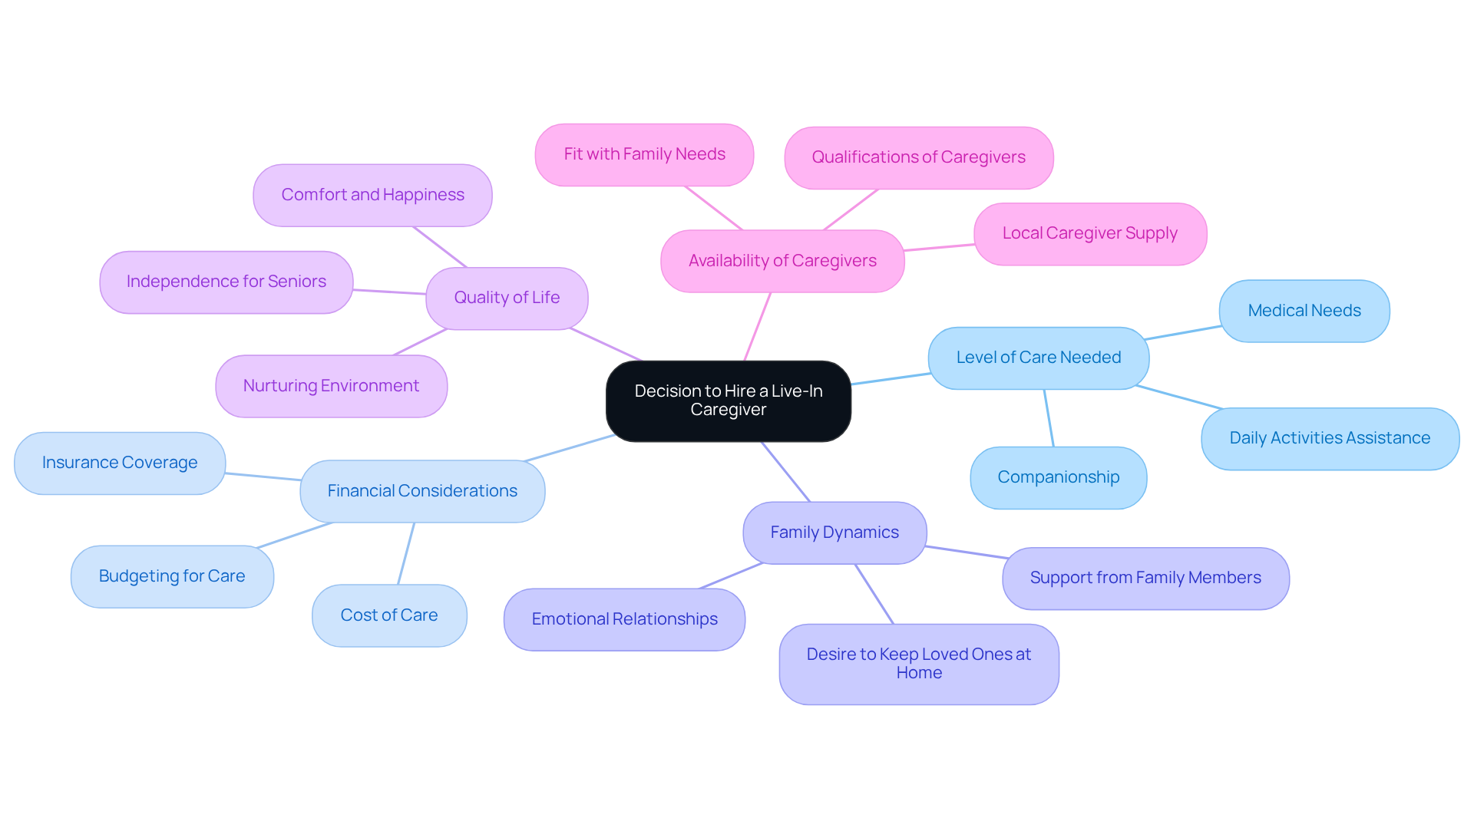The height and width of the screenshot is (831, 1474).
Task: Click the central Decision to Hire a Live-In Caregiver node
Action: tap(728, 401)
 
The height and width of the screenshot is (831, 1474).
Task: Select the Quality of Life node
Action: tap(507, 298)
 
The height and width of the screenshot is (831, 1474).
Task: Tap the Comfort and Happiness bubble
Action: tap(372, 195)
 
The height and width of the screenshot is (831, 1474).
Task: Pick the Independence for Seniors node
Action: tap(226, 282)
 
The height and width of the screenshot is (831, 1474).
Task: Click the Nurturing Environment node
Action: tap(331, 386)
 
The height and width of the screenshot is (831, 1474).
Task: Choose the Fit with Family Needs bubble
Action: tap(644, 154)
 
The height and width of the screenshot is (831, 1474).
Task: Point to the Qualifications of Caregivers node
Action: tap(918, 157)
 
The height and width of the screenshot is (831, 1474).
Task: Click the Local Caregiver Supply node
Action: tap(1089, 233)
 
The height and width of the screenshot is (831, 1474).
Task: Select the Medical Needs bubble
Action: tap(1304, 311)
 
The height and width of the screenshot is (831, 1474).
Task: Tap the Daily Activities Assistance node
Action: tap(1329, 438)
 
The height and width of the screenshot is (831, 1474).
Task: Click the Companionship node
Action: tap(1058, 477)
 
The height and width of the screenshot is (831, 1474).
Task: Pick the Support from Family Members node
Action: tap(1145, 578)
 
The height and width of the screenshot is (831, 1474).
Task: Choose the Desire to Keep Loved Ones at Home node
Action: tap(918, 664)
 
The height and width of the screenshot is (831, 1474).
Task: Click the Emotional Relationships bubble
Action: tap(624, 619)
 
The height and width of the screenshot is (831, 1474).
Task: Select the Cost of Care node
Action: tap(388, 615)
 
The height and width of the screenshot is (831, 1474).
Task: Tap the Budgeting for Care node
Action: tap(172, 576)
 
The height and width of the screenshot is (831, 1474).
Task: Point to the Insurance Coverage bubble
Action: tap(120, 463)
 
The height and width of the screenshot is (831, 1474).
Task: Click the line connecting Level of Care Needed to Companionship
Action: tap(1049, 418)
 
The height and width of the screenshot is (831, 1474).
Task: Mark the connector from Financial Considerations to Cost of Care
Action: tap(406, 553)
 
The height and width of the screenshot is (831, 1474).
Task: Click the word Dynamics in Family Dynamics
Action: tap(862, 533)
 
